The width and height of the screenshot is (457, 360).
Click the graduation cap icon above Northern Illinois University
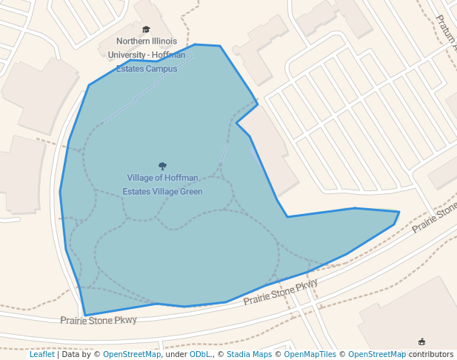146,30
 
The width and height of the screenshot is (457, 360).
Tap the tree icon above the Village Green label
162,166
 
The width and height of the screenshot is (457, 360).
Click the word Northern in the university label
133,41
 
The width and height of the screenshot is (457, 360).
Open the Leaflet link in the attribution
41,355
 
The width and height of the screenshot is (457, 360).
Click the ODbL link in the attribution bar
199,355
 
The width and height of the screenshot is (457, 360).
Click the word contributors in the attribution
431,355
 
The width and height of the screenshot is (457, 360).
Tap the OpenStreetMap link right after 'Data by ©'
132,355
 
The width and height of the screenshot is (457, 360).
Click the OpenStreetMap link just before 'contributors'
377,355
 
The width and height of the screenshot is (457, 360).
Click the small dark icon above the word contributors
422,341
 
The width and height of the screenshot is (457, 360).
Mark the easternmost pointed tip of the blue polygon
399,213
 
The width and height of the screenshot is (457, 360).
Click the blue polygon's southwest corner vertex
85,315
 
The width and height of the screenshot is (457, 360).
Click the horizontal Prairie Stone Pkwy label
99,320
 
